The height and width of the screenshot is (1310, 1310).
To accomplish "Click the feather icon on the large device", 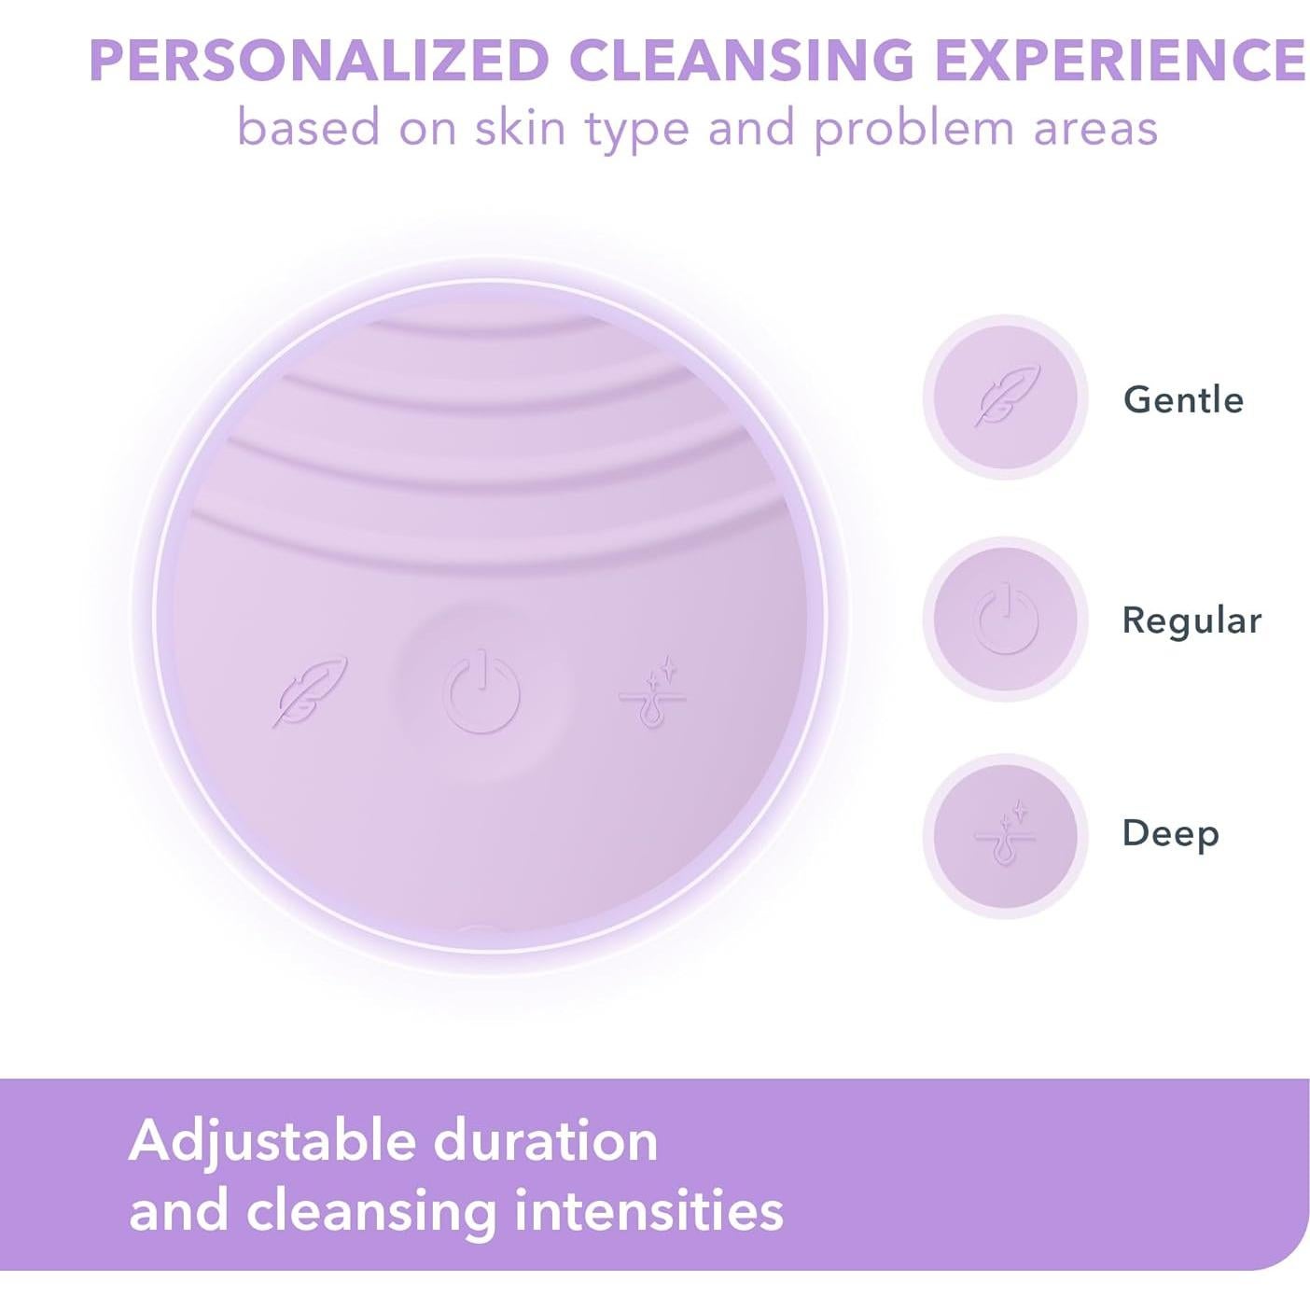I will click(x=310, y=690).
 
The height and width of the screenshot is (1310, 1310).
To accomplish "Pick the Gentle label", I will click(x=1183, y=399).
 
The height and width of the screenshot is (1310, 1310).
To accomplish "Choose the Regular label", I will click(x=1192, y=620).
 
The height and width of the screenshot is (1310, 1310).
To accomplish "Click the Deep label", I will click(x=1170, y=833).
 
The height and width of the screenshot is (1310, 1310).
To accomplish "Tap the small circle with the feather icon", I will click(x=1006, y=397).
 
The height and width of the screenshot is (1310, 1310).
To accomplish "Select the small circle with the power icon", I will click(x=1006, y=619).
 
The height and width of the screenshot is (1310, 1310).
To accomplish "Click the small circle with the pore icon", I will click(x=1006, y=834).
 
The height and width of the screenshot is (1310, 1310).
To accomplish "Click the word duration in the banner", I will click(x=546, y=1140).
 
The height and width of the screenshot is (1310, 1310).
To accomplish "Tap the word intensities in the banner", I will click(x=649, y=1210).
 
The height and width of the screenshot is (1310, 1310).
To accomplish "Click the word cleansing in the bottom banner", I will click(x=370, y=1212).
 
